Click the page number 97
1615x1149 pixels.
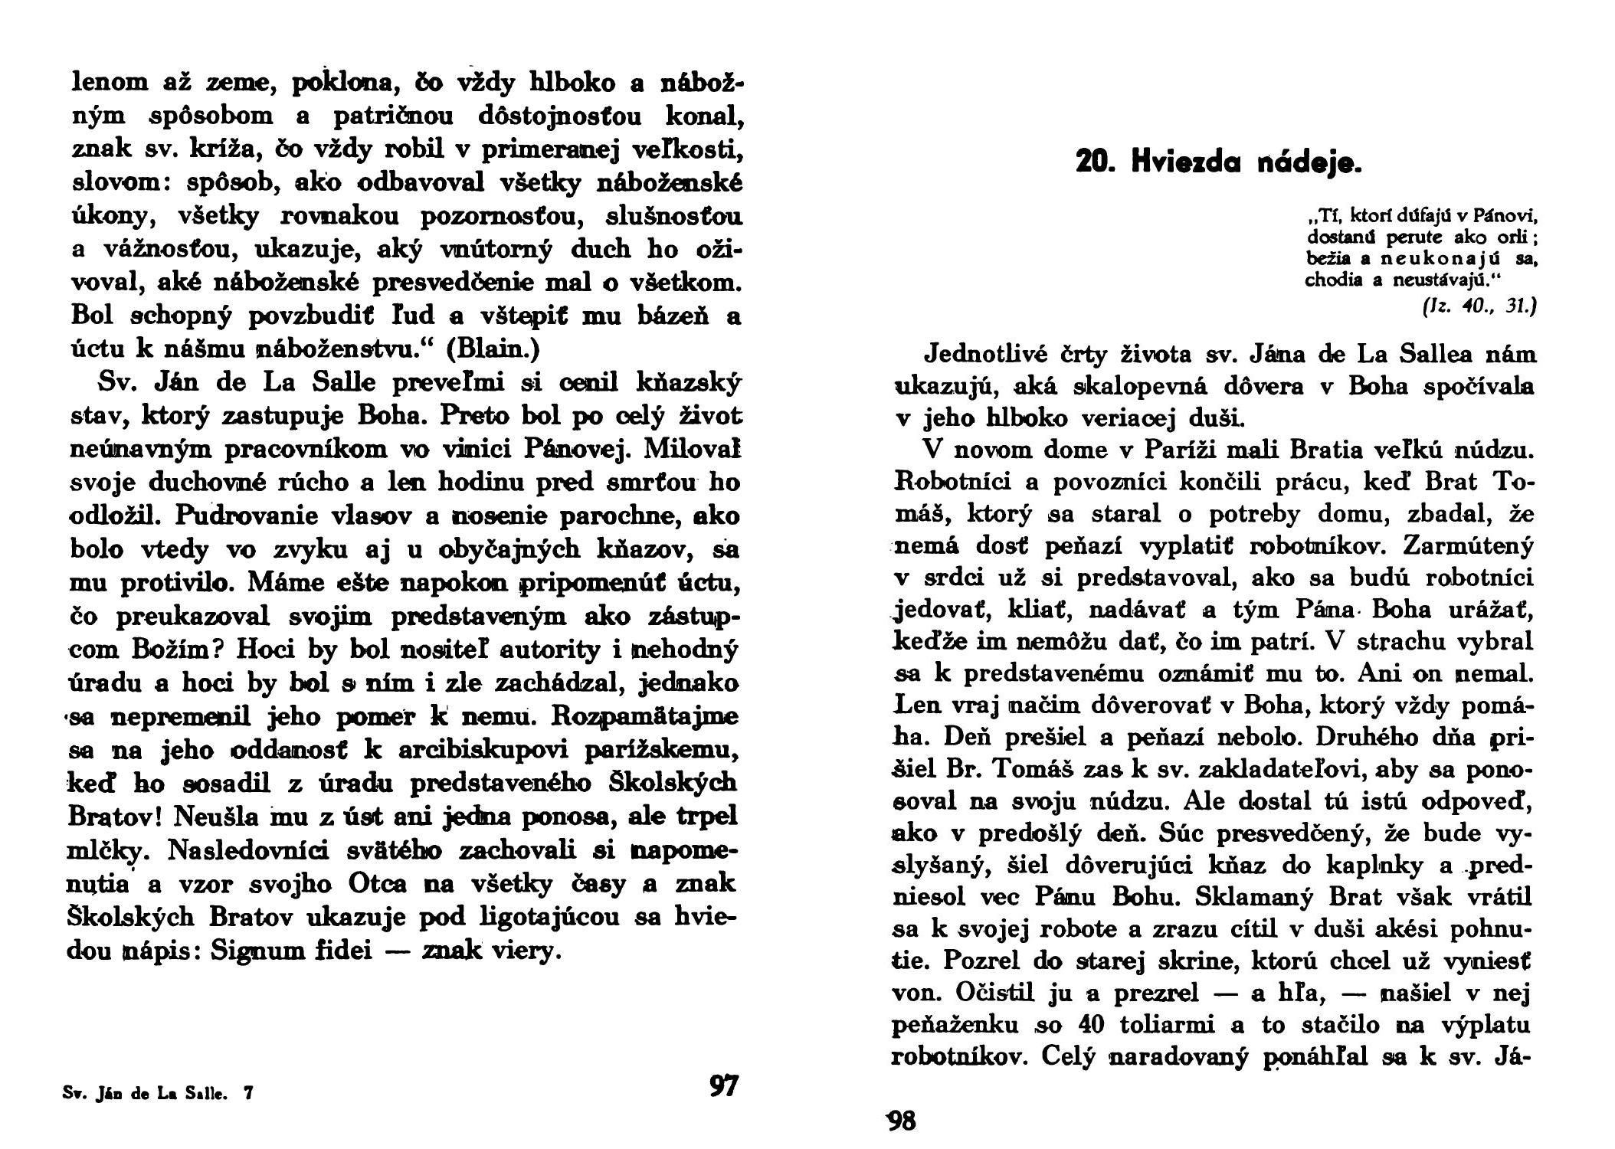[723, 1085]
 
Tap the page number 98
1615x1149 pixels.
[901, 1121]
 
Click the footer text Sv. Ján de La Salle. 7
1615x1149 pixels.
[158, 1094]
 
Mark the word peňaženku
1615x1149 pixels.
[958, 1024]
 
